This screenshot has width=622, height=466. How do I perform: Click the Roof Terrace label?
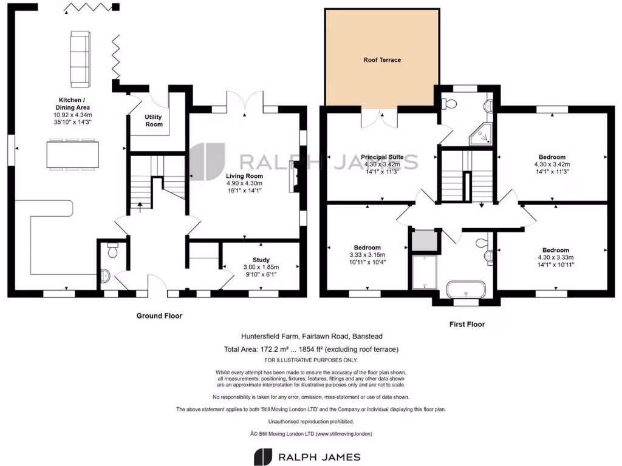coord(382,60)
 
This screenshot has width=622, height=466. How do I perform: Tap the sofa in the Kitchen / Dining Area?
coord(79,58)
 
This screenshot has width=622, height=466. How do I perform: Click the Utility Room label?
coord(154,120)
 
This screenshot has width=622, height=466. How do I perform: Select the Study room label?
coord(261,260)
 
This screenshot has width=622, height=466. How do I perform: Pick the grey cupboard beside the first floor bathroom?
coord(425,241)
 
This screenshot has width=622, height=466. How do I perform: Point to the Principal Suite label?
coord(382,157)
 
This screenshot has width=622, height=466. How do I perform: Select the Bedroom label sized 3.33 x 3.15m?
coord(367,248)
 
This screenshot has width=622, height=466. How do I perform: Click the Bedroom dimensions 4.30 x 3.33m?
coord(555,257)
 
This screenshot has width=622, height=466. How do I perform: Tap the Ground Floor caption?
coord(159,316)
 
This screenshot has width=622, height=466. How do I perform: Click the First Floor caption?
coord(466,325)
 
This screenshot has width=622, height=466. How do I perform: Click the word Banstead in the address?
coord(366,336)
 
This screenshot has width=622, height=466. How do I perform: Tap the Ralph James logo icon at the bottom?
coord(262,457)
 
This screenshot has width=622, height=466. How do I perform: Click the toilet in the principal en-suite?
coord(449,103)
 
